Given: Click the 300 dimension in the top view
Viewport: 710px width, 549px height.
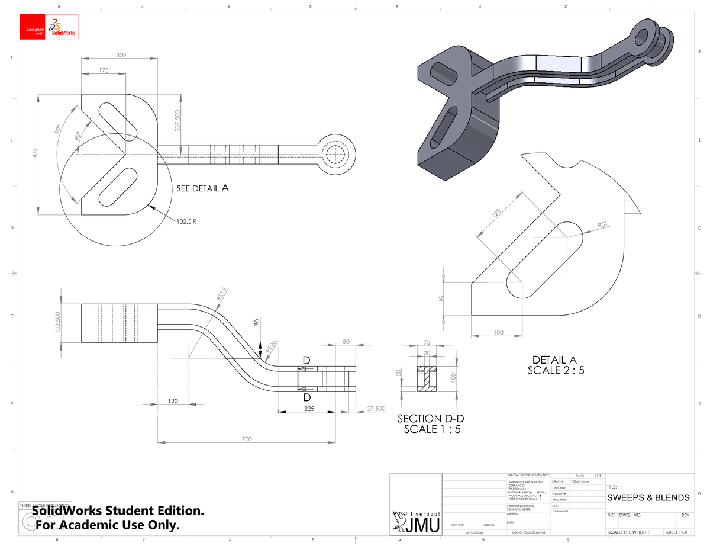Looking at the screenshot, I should tap(121, 55).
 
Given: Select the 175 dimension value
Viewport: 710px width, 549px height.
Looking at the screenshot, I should tap(104, 70).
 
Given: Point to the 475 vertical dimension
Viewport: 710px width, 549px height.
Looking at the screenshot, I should tap(34, 154).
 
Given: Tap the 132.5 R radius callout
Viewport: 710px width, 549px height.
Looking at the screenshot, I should tap(186, 222).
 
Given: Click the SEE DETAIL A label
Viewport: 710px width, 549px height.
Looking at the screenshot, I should tap(202, 188).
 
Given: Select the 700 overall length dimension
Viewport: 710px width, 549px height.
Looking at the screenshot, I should tap(246, 439).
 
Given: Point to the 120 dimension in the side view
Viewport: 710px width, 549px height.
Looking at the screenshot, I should tap(172, 401).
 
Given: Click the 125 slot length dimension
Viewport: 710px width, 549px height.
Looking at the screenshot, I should tap(496, 213).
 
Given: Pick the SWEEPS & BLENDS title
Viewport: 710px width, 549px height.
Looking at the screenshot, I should tap(648, 497).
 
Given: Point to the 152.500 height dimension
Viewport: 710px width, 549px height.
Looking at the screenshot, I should tap(57, 322).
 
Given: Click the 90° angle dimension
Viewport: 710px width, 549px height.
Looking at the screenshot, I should tap(57, 129).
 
